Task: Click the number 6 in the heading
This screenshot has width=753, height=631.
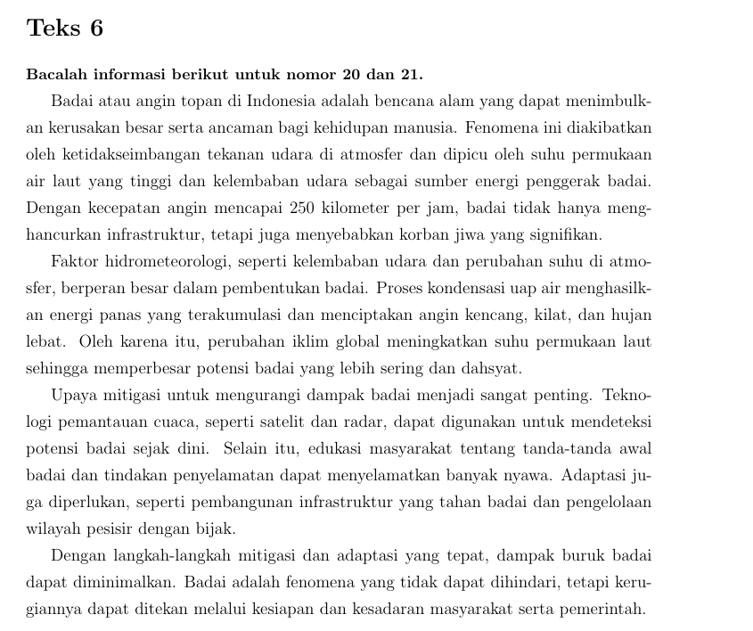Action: [95, 29]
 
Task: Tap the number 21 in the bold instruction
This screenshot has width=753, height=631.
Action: [413, 72]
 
